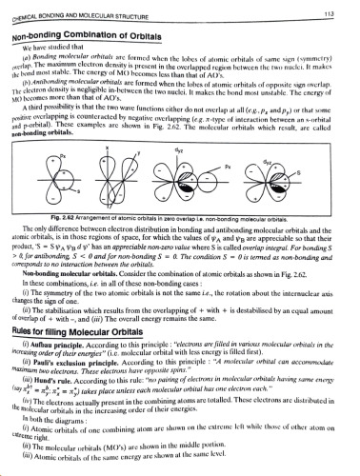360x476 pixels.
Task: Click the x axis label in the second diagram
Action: [116, 151]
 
